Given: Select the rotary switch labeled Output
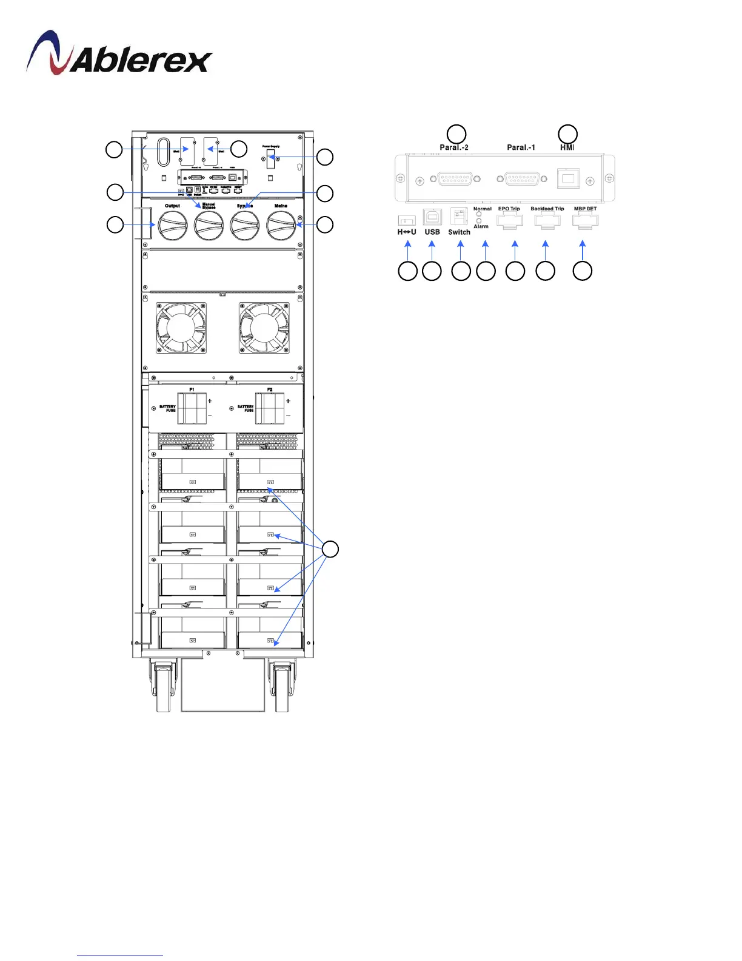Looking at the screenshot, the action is (173, 226).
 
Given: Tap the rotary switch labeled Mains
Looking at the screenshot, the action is (281, 226).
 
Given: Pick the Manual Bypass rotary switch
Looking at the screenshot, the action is (209, 226).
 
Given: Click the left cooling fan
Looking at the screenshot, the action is (181, 328).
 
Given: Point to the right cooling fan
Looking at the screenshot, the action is (264, 328).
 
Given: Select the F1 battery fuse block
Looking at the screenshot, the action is (192, 408).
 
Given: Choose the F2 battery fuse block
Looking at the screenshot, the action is (270, 408).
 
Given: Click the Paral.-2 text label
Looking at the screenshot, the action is (454, 147).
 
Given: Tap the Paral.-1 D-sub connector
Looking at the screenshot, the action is (521, 179).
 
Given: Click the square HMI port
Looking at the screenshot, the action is (568, 179).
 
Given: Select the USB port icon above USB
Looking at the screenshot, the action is (432, 217).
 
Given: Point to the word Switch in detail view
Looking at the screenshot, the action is (459, 232).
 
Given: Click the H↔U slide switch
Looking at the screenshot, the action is (406, 221).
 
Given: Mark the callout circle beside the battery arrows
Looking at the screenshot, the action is (330, 550).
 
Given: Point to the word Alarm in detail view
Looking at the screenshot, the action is (481, 226).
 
